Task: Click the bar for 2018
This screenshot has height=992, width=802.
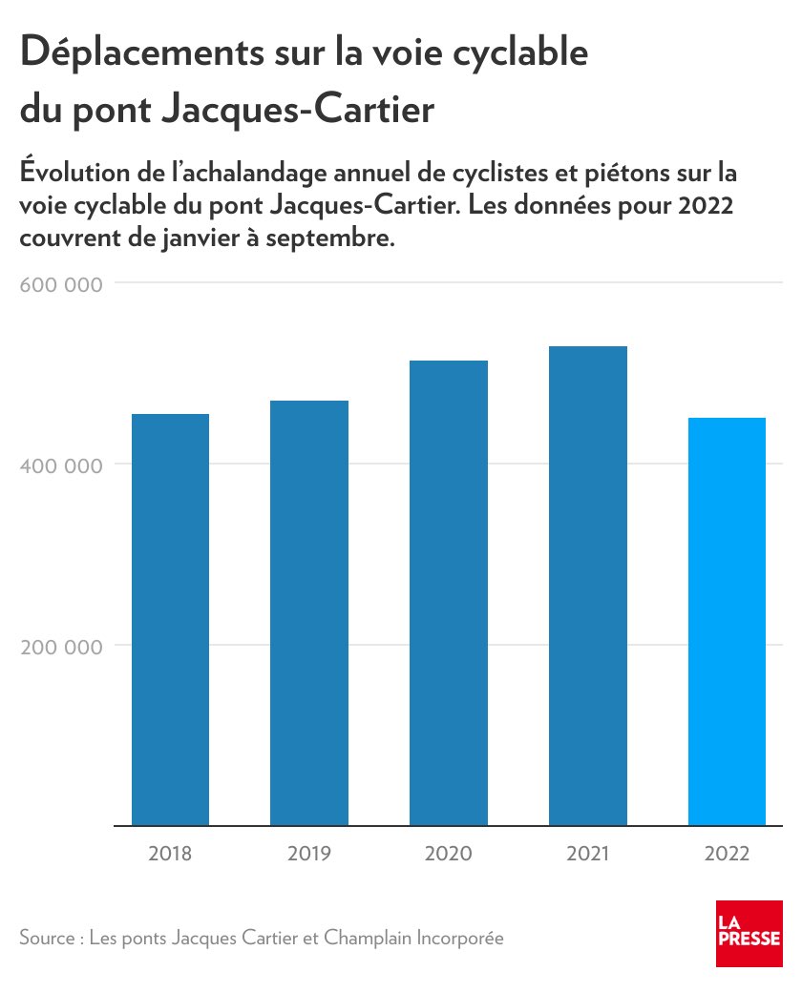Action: [x=170, y=620]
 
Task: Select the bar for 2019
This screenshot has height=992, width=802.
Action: [x=309, y=612]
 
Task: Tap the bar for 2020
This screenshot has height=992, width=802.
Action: [x=449, y=593]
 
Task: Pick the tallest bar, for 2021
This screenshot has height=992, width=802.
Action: [x=588, y=586]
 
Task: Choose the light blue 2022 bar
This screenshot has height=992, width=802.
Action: [x=728, y=622]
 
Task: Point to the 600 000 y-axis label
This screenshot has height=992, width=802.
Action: [x=61, y=284]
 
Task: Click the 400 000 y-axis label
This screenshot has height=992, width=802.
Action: [x=61, y=465]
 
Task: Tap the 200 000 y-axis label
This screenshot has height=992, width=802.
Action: [x=61, y=646]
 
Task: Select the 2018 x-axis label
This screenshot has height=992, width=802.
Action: [x=170, y=854]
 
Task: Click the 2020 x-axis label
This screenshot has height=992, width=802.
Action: [x=449, y=854]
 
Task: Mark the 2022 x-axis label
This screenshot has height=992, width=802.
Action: [x=728, y=854]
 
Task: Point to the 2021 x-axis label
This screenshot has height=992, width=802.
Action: [x=588, y=854]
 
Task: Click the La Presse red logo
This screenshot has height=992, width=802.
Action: [x=749, y=933]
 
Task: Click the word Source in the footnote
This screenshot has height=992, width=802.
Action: [x=46, y=938]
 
